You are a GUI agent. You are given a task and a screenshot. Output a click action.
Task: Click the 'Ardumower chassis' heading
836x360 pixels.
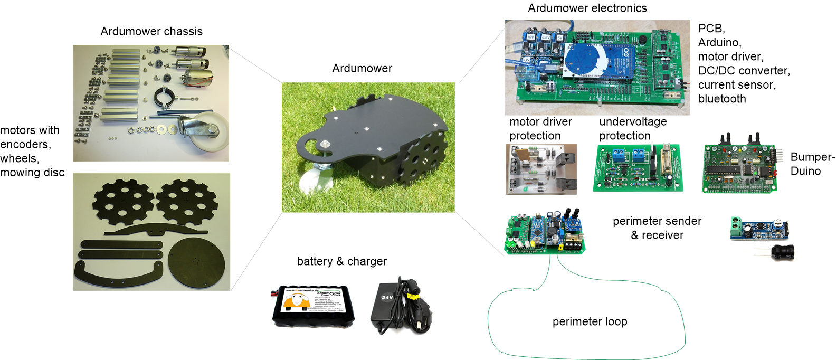pos(151,32)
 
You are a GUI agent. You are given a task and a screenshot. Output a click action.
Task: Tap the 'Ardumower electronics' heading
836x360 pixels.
pos(587,8)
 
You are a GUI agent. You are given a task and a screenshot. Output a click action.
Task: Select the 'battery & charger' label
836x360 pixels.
pos(341,262)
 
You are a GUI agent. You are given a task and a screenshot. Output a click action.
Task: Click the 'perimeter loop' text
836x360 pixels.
pos(590,322)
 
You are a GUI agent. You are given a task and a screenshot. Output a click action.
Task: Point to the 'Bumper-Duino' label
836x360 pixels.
pos(812,164)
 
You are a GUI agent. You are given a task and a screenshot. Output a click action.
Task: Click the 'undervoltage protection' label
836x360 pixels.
pos(633,129)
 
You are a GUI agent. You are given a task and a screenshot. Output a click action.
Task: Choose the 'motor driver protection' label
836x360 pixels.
pos(540,129)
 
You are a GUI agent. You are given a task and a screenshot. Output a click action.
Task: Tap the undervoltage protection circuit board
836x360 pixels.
pos(638,168)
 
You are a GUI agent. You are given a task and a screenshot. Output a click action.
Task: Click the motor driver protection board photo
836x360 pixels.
pos(540,169)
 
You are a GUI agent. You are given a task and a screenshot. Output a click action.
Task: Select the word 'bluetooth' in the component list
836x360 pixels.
pos(721,99)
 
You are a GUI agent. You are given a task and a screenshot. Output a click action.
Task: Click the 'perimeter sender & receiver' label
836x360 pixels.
pos(657,228)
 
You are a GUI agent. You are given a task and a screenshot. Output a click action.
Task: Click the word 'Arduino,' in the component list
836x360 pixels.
pos(719,43)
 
